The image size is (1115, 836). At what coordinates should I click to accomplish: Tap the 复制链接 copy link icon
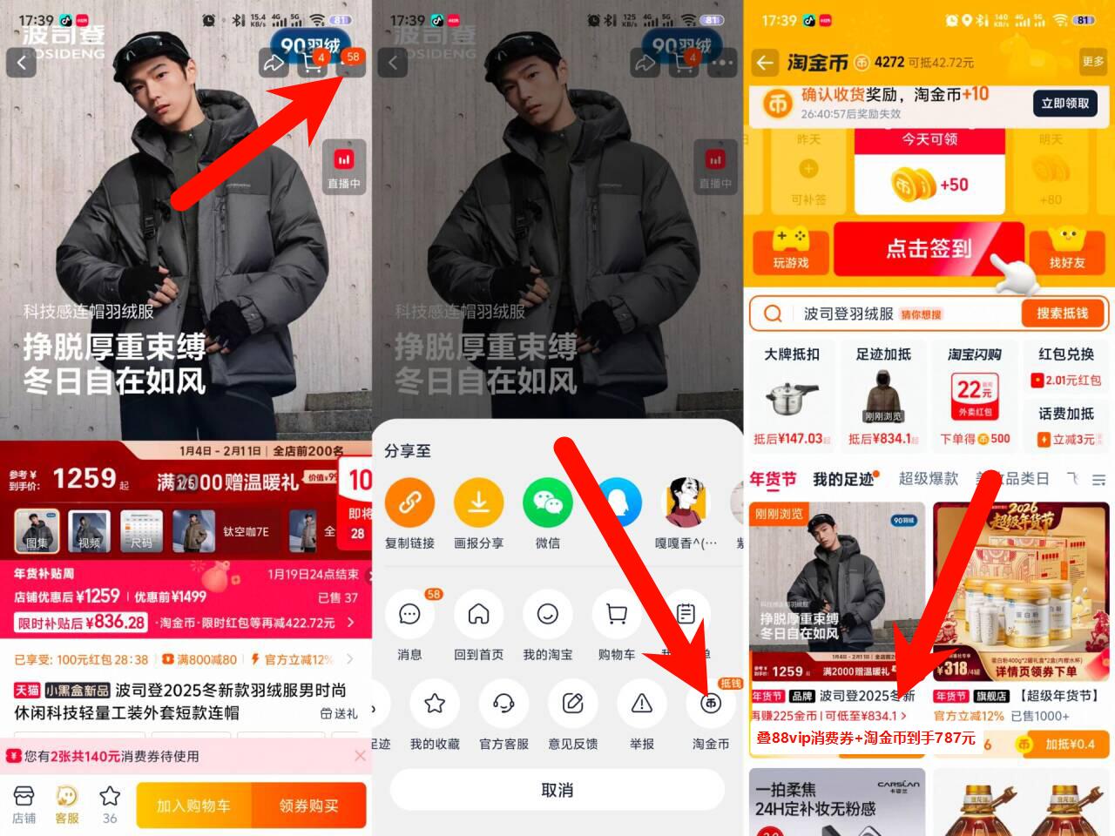tap(409, 502)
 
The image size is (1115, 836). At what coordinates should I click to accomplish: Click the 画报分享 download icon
tap(478, 502)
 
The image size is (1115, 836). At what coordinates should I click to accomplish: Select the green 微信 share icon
tap(547, 502)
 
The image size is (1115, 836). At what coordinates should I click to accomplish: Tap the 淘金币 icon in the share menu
tap(711, 704)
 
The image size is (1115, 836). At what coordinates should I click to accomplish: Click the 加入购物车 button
tap(193, 806)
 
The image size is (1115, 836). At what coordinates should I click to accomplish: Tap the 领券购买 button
tap(308, 806)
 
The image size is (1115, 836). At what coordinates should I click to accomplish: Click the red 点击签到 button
tap(929, 249)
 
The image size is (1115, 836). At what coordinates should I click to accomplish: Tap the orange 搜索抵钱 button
tap(1062, 313)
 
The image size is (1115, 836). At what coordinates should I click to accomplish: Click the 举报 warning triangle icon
tap(642, 704)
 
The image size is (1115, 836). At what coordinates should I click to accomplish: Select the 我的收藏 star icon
tap(435, 704)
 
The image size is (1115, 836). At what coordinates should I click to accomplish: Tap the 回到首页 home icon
tap(478, 615)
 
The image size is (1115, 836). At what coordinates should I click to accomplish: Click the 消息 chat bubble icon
tap(409, 615)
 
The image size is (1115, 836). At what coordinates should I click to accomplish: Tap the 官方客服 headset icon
tap(503, 704)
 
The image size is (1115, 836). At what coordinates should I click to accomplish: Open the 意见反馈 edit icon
tap(573, 704)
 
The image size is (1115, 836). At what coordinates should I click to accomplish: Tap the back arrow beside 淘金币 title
tap(765, 63)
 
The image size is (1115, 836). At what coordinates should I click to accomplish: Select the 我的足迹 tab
tap(843, 479)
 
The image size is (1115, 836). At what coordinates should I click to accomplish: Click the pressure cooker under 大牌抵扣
tap(791, 398)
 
